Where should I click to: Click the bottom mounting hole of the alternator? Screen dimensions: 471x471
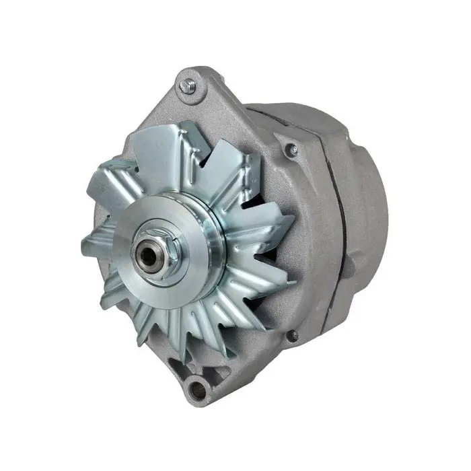[197, 386]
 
